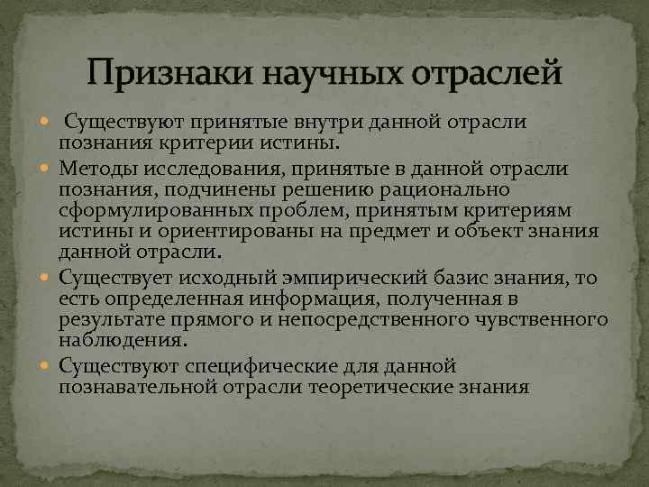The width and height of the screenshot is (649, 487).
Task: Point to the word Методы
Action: point(101,168)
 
